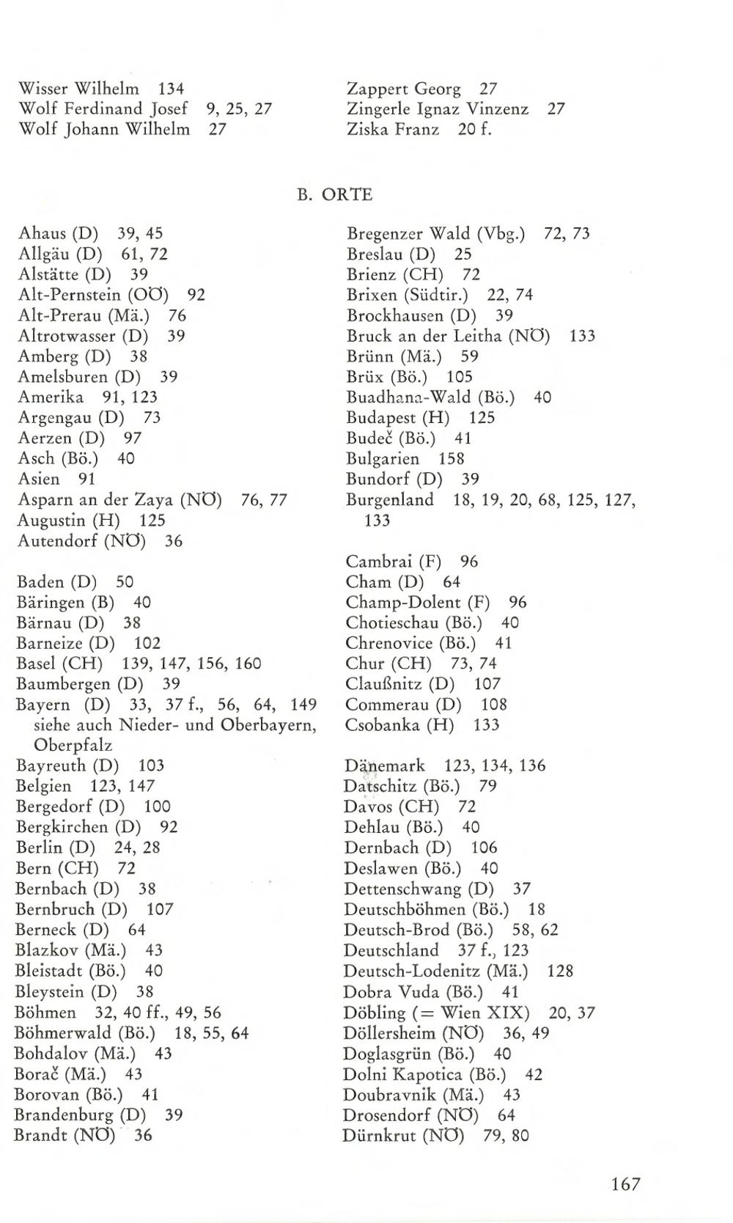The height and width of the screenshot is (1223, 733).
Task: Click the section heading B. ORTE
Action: click(x=334, y=195)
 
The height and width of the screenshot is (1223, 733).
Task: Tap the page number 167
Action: click(x=625, y=1184)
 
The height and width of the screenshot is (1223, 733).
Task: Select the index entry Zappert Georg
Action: click(x=403, y=89)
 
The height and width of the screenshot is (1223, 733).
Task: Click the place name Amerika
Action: click(x=51, y=397)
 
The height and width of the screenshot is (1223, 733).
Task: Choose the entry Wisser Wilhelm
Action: click(x=78, y=89)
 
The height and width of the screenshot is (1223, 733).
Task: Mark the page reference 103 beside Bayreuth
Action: click(x=151, y=766)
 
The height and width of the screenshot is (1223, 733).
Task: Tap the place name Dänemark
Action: click(x=385, y=766)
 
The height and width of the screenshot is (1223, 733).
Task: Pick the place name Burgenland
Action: click(x=390, y=500)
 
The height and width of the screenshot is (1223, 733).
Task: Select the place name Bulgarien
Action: click(x=383, y=459)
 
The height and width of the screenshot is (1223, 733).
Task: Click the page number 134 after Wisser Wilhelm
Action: click(x=171, y=89)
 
